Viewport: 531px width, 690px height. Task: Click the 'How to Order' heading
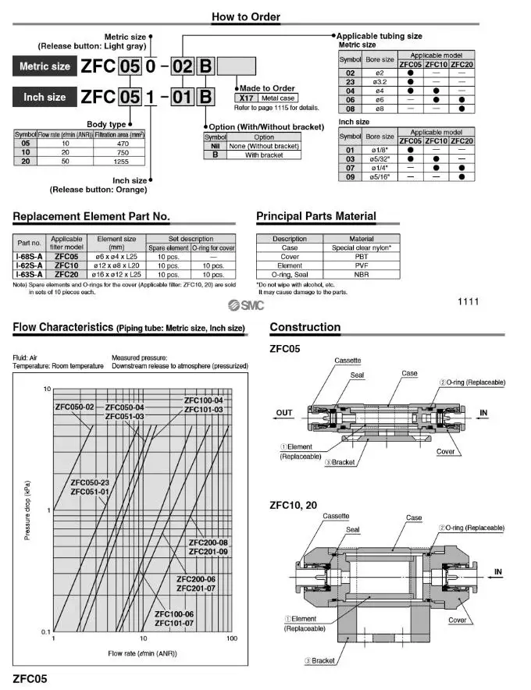[246, 16]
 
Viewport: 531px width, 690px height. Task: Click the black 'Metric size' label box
[45, 66]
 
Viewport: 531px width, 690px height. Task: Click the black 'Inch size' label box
[45, 98]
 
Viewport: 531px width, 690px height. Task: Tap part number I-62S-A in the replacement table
[29, 265]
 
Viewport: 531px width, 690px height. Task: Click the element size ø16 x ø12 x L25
[116, 274]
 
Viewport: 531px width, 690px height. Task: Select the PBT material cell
[361, 256]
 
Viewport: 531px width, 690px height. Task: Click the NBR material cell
[361, 274]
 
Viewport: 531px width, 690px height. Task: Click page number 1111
[469, 301]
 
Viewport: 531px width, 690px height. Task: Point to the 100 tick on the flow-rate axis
[232, 638]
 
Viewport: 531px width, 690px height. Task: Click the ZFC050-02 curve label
[74, 407]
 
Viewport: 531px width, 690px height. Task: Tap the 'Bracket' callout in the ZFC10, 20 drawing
[323, 660]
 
